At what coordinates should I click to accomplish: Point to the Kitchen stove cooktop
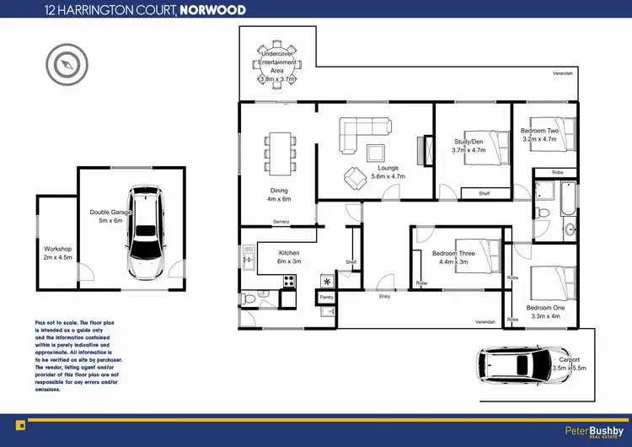coord(289,282)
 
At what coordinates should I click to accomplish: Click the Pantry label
coord(326,298)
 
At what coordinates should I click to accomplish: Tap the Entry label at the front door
coord(385,296)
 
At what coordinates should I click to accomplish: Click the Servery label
coord(281,222)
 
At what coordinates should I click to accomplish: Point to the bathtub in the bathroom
coord(568,199)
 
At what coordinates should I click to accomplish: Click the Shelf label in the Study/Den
coord(484,193)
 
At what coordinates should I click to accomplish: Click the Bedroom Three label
coord(453,253)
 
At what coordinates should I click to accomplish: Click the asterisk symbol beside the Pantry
coord(326,280)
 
